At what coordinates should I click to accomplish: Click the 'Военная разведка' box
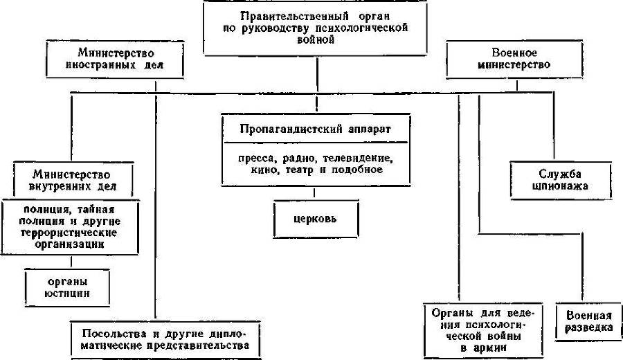pos(588,321)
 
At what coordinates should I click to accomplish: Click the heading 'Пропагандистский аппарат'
pos(315,129)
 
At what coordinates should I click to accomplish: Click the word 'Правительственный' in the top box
pos(277,17)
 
